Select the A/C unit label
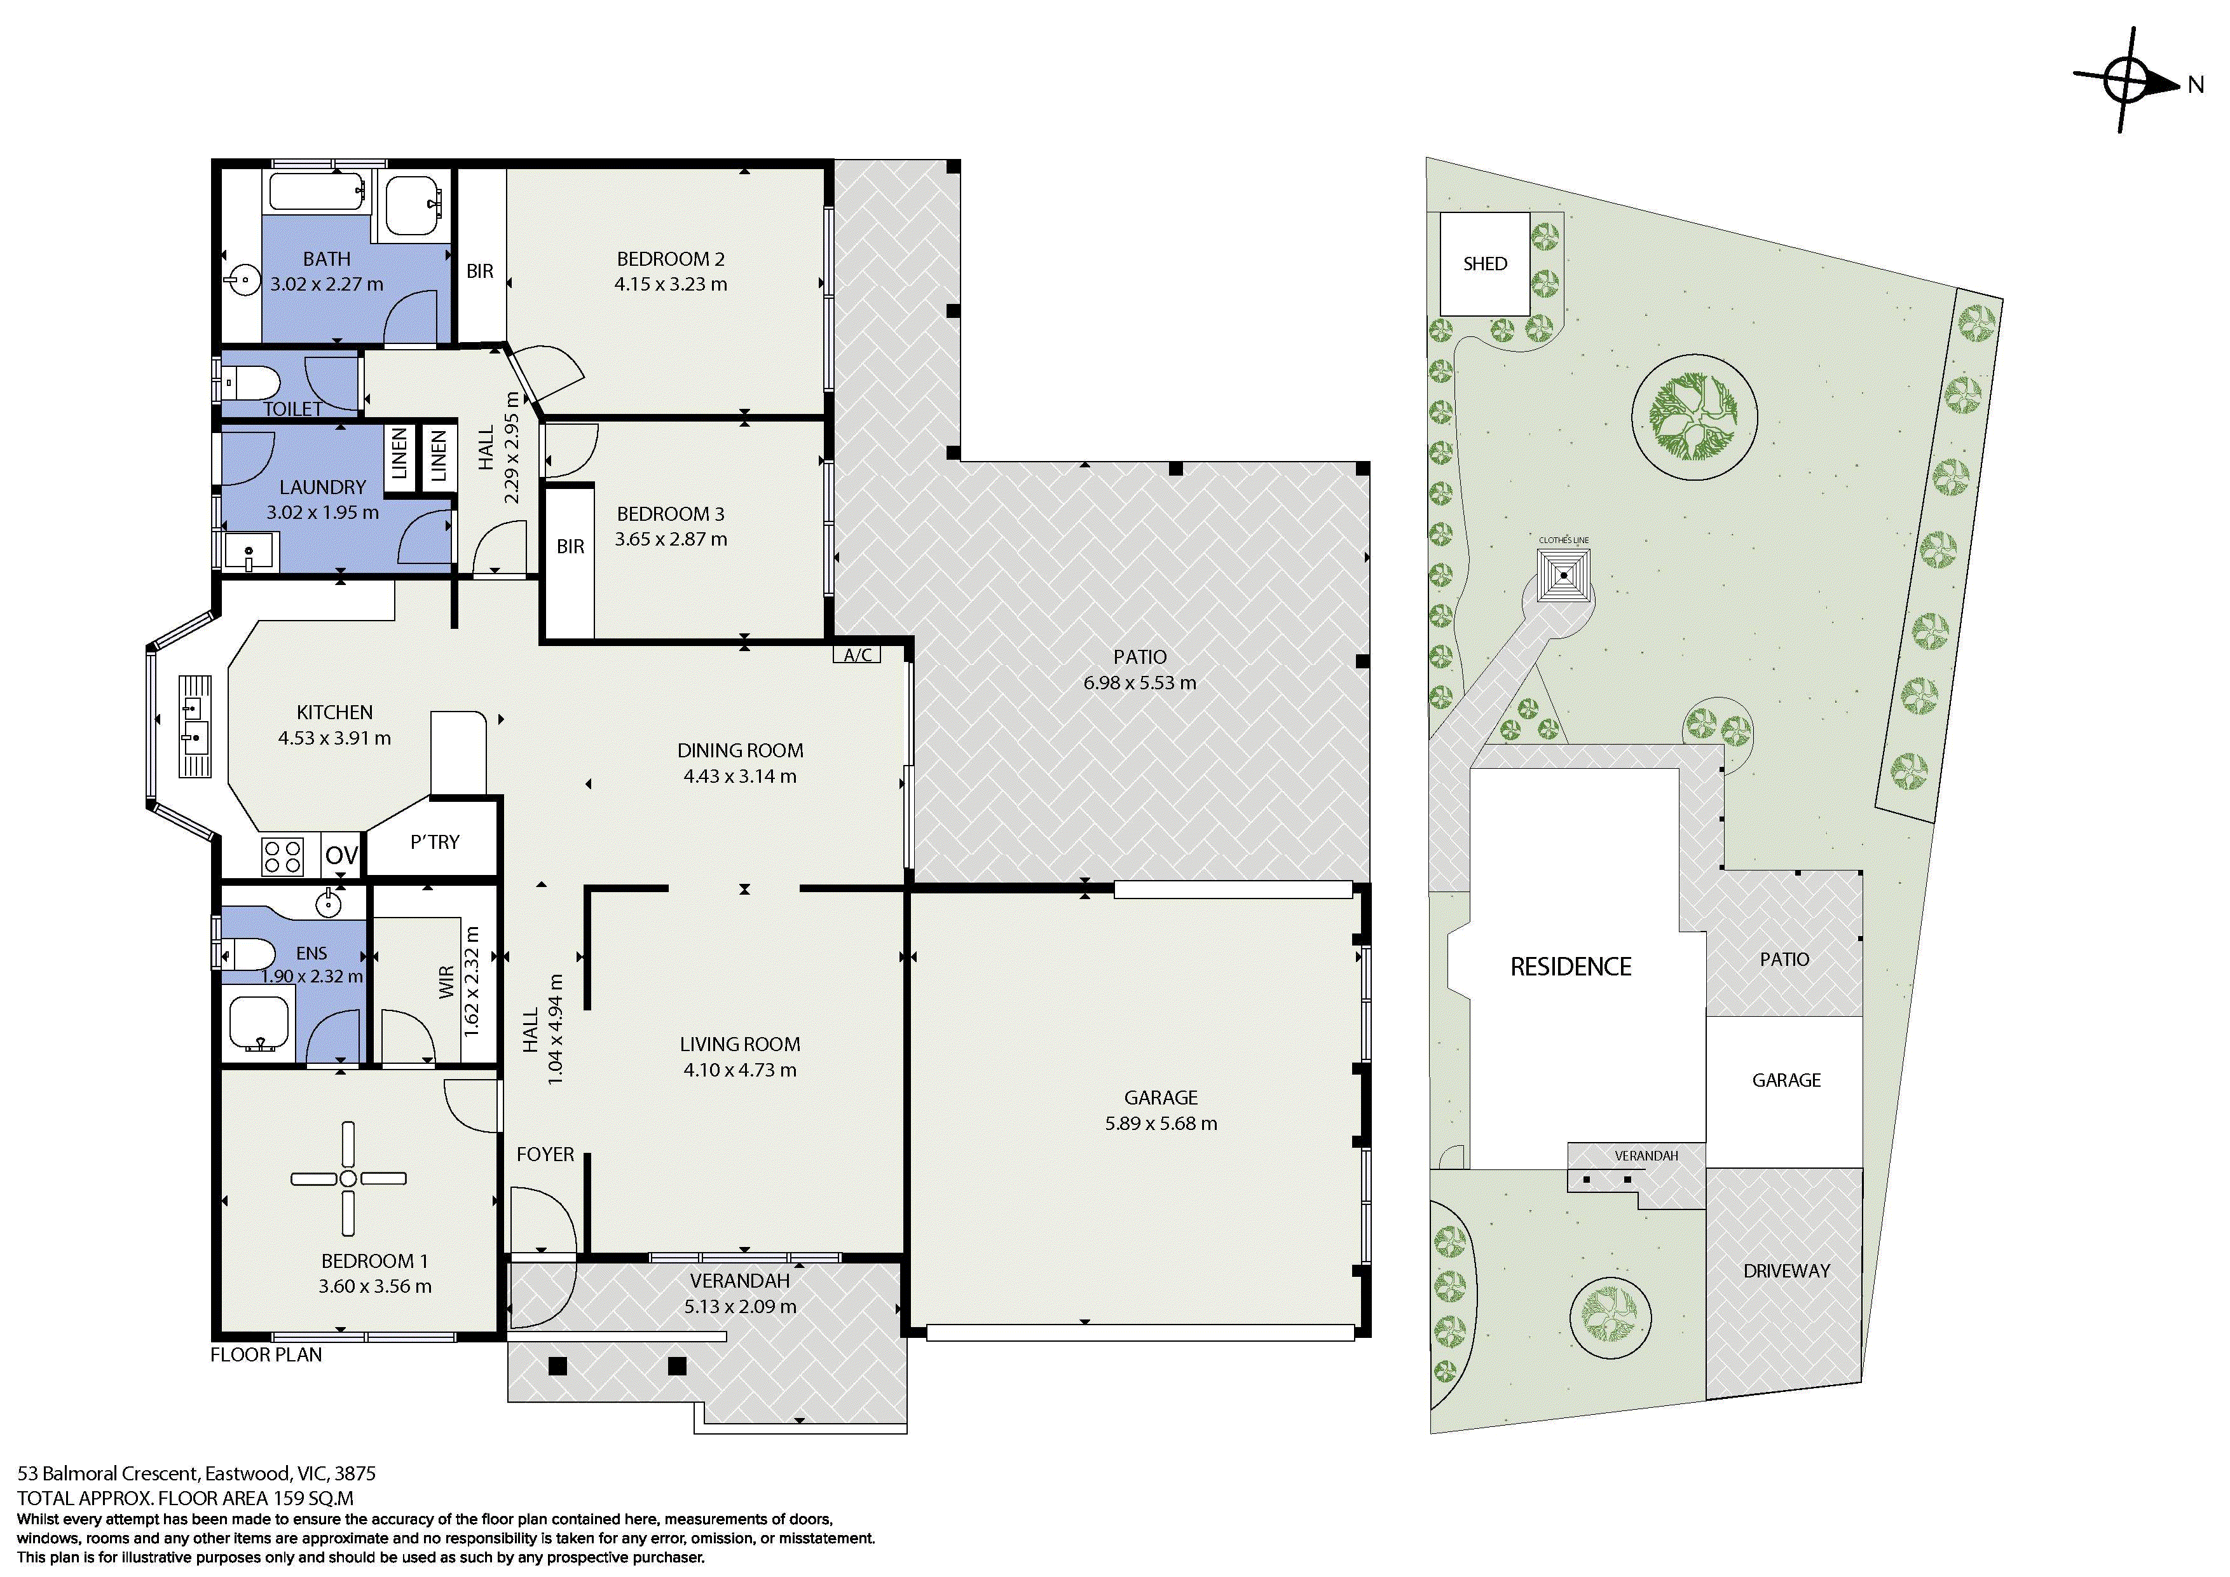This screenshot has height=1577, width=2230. tap(858, 655)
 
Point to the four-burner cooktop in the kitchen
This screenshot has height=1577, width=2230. tap(282, 856)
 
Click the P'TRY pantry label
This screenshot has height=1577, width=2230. tap(434, 841)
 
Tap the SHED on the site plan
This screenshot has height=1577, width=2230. tap(1485, 263)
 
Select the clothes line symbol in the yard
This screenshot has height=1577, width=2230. tap(1564, 575)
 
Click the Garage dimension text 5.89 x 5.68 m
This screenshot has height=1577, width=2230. tap(1161, 1123)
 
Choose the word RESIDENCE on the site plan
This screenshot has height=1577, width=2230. tap(1571, 967)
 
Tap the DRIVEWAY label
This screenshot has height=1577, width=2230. tap(1786, 1271)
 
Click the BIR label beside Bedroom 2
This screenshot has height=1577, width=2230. tap(480, 271)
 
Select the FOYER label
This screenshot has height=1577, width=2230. tap(545, 1154)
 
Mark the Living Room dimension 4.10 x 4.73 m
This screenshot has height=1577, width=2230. tap(739, 1070)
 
